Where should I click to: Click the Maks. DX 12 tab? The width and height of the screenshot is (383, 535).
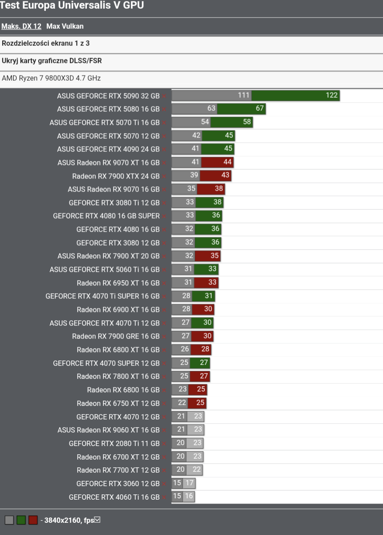pyautogui.click(x=21, y=26)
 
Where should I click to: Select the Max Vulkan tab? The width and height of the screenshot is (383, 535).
pyautogui.click(x=65, y=26)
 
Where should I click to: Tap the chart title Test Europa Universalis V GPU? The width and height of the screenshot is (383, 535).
pyautogui.click(x=72, y=6)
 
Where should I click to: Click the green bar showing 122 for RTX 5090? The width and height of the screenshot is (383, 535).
pyautogui.click(x=295, y=96)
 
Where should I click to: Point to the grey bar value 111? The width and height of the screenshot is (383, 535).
pyautogui.click(x=244, y=96)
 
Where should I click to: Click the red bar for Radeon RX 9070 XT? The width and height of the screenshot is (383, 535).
pyautogui.click(x=217, y=162)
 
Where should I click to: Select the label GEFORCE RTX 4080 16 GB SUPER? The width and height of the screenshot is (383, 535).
pyautogui.click(x=106, y=216)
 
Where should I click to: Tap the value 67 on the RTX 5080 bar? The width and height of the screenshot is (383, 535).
pyautogui.click(x=260, y=109)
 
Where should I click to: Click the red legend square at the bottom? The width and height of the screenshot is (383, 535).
pyautogui.click(x=33, y=520)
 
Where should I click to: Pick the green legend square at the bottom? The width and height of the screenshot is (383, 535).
pyautogui.click(x=21, y=520)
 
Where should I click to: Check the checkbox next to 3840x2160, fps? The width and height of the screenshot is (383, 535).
pyautogui.click(x=97, y=520)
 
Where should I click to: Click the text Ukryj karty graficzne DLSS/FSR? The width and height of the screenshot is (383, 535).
pyautogui.click(x=52, y=61)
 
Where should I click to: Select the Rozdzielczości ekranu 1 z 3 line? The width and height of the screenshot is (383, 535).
pyautogui.click(x=46, y=43)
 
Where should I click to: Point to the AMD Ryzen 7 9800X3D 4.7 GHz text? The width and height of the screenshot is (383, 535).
pyautogui.click(x=51, y=78)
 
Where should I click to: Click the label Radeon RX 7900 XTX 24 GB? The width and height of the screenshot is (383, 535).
pyautogui.click(x=116, y=176)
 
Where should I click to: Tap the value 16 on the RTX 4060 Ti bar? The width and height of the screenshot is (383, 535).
pyautogui.click(x=189, y=497)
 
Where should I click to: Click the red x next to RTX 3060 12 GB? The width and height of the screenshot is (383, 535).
pyautogui.click(x=164, y=484)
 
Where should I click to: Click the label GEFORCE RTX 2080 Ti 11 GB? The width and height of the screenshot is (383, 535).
pyautogui.click(x=114, y=443)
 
